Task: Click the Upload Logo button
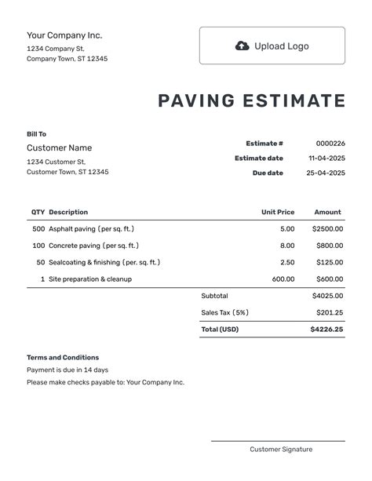272,46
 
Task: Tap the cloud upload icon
243,46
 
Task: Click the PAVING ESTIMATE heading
252,101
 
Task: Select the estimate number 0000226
330,144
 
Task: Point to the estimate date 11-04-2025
326,159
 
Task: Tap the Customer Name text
59,148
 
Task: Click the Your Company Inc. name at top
64,35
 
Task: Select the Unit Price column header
278,212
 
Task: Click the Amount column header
328,212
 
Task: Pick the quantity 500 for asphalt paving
38,229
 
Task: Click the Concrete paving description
91,246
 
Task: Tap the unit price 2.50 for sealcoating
287,262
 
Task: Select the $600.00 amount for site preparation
329,279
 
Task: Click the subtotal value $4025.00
327,296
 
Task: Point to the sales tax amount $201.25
330,312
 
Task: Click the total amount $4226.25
326,330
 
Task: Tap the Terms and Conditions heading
63,357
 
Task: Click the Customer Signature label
281,450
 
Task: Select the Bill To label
36,134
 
